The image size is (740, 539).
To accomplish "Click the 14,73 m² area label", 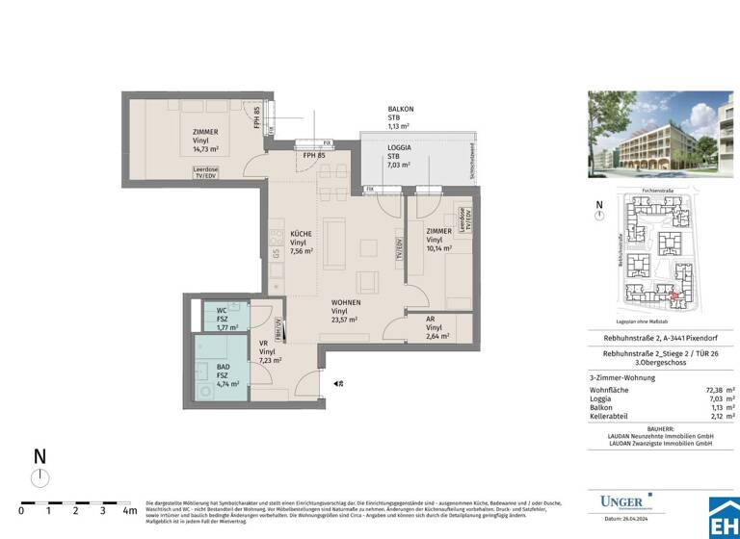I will click(205, 150).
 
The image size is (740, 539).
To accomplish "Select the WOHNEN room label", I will click(346, 301).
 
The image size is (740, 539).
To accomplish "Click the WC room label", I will click(221, 310).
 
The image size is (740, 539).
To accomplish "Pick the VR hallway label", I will click(263, 344).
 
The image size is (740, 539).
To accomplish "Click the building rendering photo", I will click(663, 141).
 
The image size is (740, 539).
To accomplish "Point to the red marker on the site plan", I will click(674, 296).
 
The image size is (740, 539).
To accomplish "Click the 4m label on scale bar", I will click(129, 511).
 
